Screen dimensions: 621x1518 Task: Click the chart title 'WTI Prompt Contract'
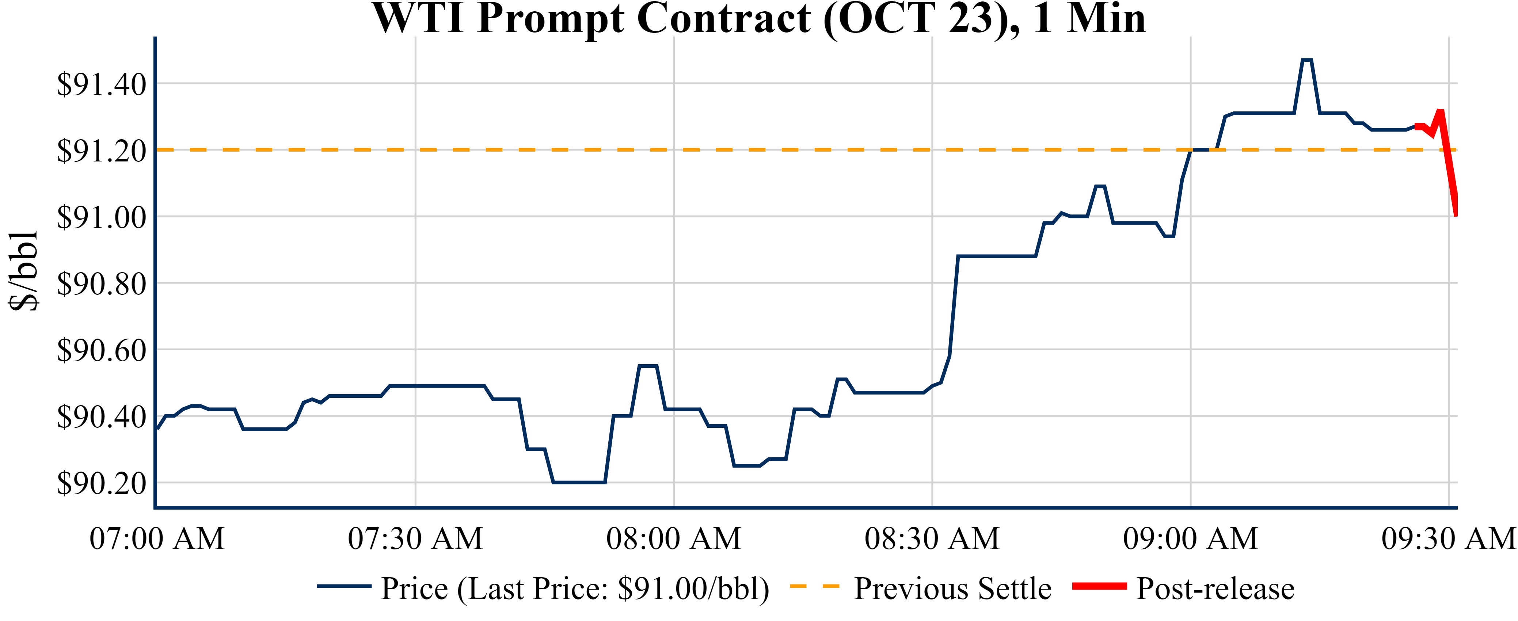click(x=759, y=19)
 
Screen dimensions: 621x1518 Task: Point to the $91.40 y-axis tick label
click(x=101, y=84)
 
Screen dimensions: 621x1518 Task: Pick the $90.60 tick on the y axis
click(x=101, y=351)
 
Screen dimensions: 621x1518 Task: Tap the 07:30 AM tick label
click(x=415, y=538)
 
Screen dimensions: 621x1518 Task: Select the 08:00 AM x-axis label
click(x=674, y=538)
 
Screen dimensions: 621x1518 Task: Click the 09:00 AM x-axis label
click(x=1190, y=538)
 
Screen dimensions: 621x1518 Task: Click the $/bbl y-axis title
click(x=24, y=271)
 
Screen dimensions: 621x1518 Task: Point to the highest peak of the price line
click(x=1306, y=60)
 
